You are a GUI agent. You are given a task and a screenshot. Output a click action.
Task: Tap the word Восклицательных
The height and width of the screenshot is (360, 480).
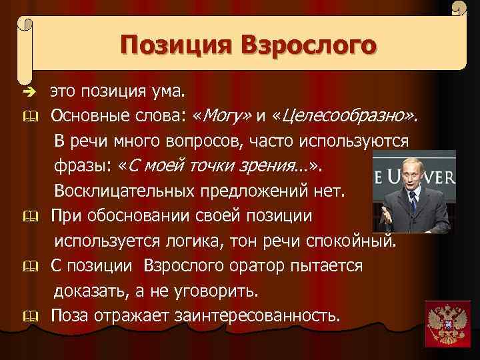[x=125, y=191]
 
